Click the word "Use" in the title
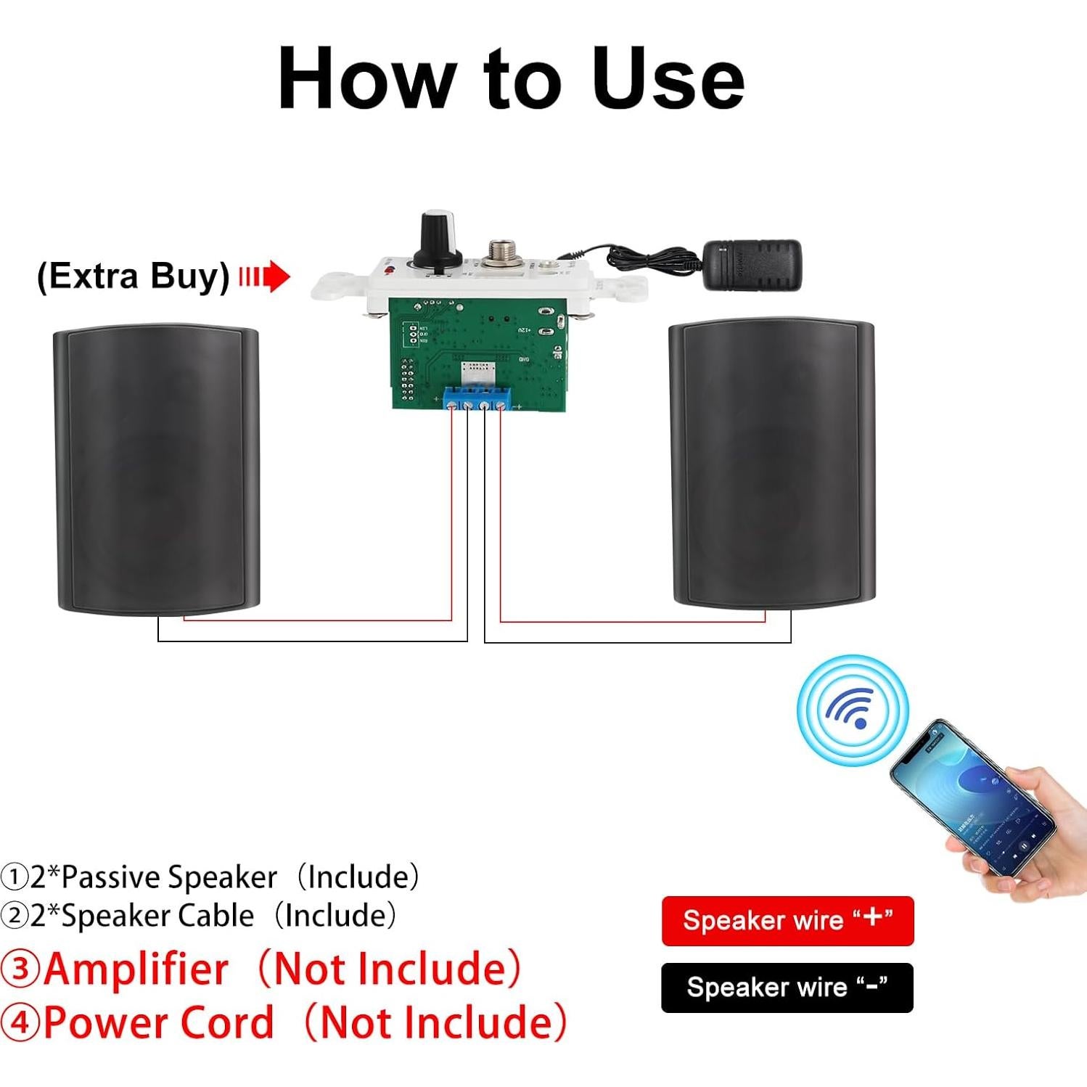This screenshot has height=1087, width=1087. click(668, 78)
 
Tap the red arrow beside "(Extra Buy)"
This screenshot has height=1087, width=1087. click(266, 276)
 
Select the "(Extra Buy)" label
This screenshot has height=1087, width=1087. click(134, 276)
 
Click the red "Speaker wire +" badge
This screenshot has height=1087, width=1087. click(787, 921)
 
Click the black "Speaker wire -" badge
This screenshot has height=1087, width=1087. click(787, 988)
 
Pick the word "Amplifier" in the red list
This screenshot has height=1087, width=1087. click(136, 969)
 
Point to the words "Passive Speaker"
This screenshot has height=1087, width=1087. click(169, 877)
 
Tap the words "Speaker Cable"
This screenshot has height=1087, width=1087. click(157, 916)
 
